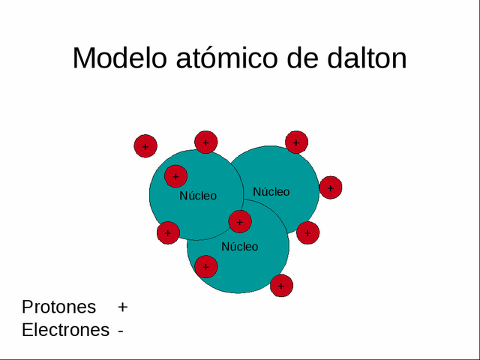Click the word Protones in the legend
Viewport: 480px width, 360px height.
(x=59, y=307)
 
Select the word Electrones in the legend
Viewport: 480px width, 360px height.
(x=65, y=330)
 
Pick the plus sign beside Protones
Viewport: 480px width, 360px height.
(x=123, y=307)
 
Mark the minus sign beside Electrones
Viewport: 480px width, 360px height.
(x=120, y=331)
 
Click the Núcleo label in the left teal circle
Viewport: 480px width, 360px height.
(x=198, y=196)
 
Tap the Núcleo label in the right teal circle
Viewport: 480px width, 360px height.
(x=271, y=192)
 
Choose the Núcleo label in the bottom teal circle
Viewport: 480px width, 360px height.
(x=239, y=247)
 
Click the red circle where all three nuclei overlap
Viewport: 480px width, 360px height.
(x=240, y=221)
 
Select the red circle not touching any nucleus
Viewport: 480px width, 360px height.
(x=145, y=146)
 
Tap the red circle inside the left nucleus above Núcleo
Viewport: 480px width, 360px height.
(x=175, y=177)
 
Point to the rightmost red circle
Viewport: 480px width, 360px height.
(x=331, y=187)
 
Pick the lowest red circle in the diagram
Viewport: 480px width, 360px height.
(x=281, y=286)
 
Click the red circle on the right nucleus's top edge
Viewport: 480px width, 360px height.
(x=296, y=142)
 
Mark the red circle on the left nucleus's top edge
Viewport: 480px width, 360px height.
(x=205, y=142)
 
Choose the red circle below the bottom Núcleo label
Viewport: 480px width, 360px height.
(x=205, y=266)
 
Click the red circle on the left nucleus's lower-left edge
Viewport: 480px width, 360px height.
(x=168, y=232)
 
